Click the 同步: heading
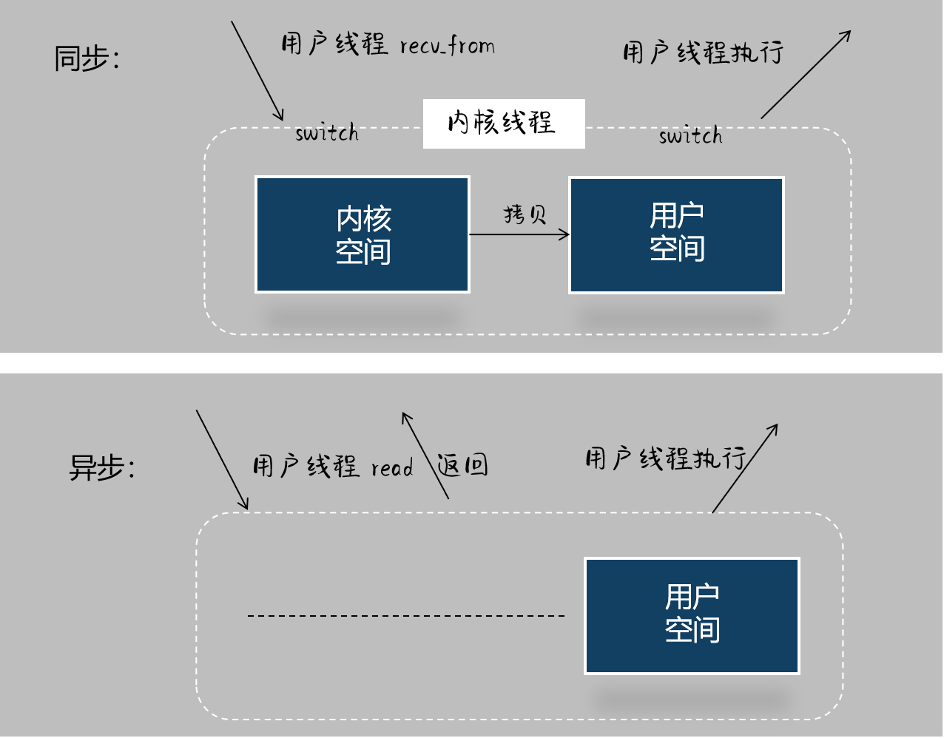[87, 58]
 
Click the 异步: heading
[101, 467]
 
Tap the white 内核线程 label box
[503, 123]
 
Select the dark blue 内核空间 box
[363, 234]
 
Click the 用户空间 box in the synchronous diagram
[676, 234]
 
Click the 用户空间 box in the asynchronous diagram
[692, 615]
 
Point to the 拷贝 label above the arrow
[525, 214]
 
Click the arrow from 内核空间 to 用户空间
[519, 234]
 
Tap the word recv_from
[447, 47]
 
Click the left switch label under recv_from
[326, 133]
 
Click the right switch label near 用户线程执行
[690, 136]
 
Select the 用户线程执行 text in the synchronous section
[702, 53]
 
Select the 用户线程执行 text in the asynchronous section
[665, 458]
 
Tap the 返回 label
[463, 465]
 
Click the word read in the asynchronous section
[392, 467]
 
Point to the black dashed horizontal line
[406, 615]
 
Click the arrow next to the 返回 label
[425, 455]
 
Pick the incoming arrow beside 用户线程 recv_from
[257, 71]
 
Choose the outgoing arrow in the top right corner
[806, 74]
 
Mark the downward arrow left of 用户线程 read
[222, 459]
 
